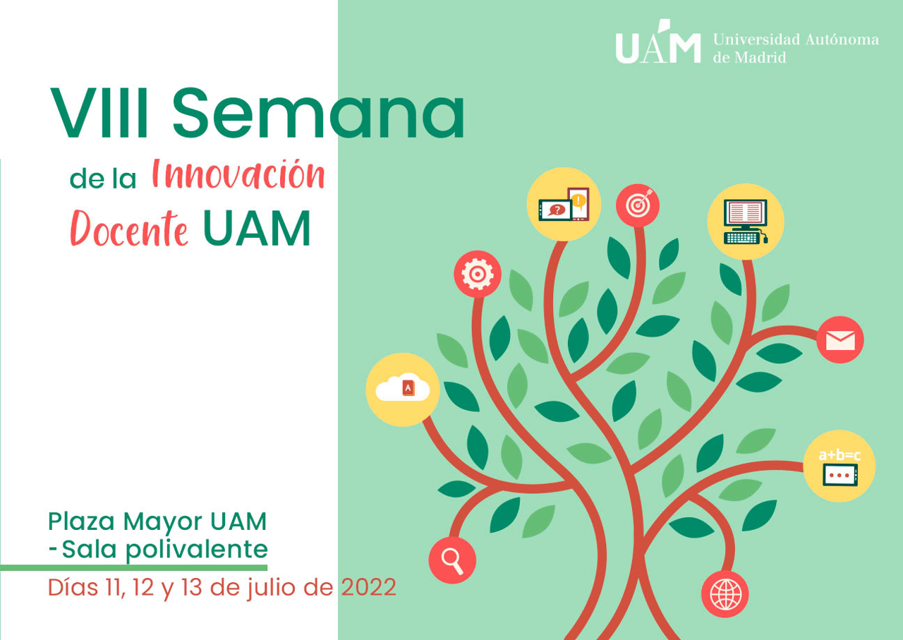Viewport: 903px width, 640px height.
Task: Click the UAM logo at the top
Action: tap(659, 44)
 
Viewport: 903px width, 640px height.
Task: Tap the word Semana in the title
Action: tap(318, 114)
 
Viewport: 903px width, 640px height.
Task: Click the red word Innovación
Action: tap(238, 176)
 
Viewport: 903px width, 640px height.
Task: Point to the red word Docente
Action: tap(129, 227)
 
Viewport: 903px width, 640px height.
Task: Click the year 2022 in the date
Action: tap(368, 588)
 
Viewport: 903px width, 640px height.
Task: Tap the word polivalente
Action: tap(196, 548)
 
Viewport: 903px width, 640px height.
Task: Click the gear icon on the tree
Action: tap(478, 274)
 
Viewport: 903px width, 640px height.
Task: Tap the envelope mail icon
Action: tap(840, 340)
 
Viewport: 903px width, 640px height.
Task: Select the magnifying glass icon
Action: tap(452, 560)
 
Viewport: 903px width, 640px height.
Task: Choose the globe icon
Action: tap(725, 594)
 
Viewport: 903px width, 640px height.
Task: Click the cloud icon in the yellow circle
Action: tap(403, 389)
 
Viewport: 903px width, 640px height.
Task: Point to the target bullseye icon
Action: tap(638, 205)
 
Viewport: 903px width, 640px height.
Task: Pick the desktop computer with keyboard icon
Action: tap(746, 222)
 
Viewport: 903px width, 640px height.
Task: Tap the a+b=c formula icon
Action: tap(840, 466)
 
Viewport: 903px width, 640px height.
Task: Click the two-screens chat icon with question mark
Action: tap(564, 205)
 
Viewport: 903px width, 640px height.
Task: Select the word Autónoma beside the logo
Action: tap(842, 40)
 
